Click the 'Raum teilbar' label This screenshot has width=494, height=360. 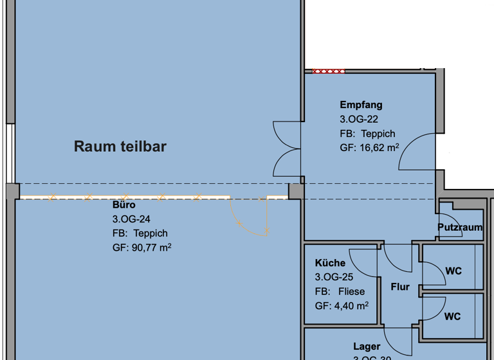pyautogui.click(x=120, y=147)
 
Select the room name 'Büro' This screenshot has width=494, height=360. pyautogui.click(x=123, y=205)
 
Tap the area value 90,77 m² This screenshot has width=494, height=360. pyautogui.click(x=142, y=248)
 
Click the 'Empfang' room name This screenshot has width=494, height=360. pyautogui.click(x=361, y=105)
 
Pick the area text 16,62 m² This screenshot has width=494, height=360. pyautogui.click(x=369, y=148)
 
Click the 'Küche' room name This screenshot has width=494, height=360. pyautogui.click(x=330, y=263)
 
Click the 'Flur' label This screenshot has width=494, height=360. pyautogui.click(x=400, y=287)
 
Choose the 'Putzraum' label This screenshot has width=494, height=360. pyautogui.click(x=460, y=228)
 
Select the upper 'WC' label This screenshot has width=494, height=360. pyautogui.click(x=453, y=271)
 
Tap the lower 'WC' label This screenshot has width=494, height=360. pyautogui.click(x=452, y=316)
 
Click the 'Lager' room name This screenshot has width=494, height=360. pyautogui.click(x=366, y=347)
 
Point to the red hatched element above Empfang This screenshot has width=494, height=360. pyautogui.click(x=328, y=71)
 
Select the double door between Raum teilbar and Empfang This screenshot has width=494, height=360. pyautogui.click(x=286, y=148)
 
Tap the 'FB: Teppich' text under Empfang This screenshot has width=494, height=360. pyautogui.click(x=367, y=134)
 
